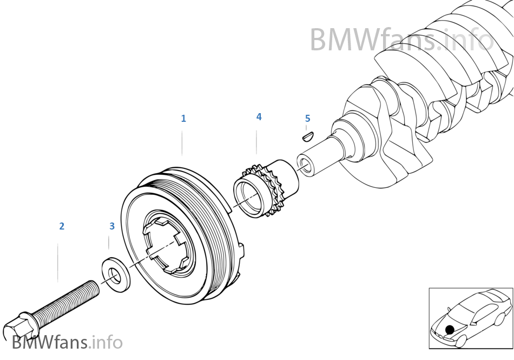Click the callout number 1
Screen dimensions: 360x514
[x=183, y=119]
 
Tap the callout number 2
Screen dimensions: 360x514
[x=62, y=226]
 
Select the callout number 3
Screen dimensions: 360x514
[x=112, y=226]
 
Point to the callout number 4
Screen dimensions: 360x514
[x=259, y=117]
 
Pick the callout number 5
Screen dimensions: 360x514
[x=307, y=119]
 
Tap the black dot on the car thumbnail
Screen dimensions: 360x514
[x=450, y=329]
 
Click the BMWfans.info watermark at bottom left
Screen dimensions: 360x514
[x=67, y=342]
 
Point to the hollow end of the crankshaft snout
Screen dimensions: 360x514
[x=305, y=165]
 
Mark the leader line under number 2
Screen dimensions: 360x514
[x=58, y=262]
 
